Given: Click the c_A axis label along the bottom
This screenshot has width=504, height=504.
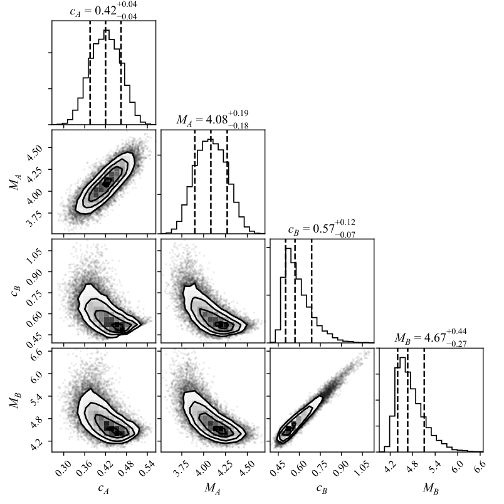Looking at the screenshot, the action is [103, 488].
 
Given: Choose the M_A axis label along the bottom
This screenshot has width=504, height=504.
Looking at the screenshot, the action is [213, 488].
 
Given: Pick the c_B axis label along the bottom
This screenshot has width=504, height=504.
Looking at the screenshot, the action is [322, 488].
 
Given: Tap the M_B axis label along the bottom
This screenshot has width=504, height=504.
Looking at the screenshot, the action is [431, 488].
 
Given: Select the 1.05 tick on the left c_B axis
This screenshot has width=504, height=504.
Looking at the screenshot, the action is [34, 256].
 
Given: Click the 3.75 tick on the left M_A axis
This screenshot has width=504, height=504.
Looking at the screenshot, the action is [34, 218].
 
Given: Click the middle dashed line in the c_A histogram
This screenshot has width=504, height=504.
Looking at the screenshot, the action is [105, 73].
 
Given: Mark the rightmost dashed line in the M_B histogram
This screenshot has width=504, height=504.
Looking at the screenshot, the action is [424, 399].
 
